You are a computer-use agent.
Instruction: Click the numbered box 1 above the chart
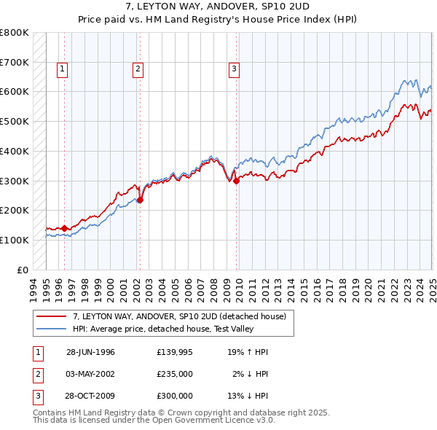(63, 70)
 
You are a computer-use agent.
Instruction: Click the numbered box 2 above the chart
(138, 70)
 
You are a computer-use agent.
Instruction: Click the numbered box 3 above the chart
(235, 70)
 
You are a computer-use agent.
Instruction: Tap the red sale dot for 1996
(64, 228)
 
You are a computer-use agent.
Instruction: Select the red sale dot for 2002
(140, 200)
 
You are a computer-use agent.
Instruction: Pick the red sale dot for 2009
(236, 181)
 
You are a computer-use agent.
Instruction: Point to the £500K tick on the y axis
(14, 121)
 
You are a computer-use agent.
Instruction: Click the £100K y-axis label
(14, 240)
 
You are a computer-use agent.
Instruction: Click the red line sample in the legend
(51, 316)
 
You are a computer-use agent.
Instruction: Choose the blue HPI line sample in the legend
(51, 329)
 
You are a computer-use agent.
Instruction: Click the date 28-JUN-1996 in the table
(90, 352)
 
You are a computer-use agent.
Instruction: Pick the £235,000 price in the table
(175, 374)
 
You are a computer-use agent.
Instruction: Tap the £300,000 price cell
(175, 396)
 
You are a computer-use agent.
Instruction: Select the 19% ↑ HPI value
(248, 352)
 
